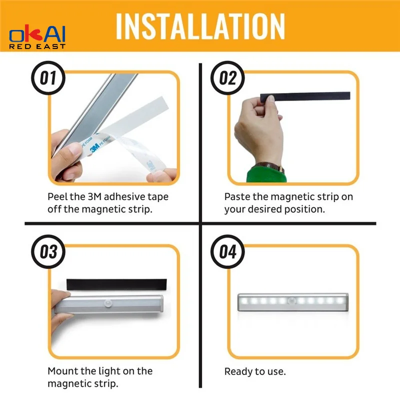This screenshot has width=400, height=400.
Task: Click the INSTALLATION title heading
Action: [200, 25]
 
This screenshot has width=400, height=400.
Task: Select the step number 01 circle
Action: [48, 78]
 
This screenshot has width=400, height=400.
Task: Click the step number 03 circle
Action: [48, 251]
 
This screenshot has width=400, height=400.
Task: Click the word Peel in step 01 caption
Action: [58, 196]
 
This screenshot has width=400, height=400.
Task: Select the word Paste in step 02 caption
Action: [237, 196]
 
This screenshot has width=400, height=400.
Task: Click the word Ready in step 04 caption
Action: [238, 371]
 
